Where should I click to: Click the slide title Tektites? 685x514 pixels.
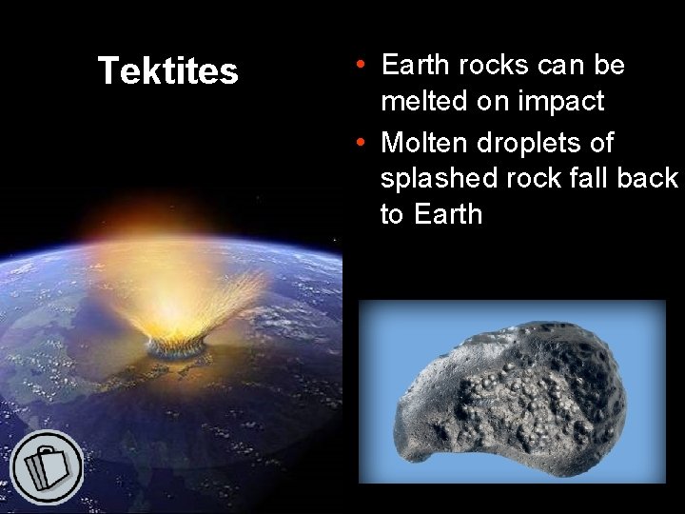167,71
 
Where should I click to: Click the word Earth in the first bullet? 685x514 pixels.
417,65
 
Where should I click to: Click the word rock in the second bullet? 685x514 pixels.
545,179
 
